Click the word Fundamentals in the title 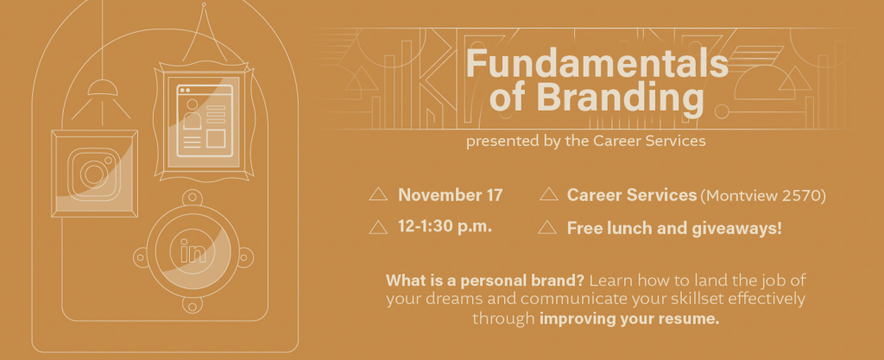[x=597, y=63]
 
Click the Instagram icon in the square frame [x=94, y=174]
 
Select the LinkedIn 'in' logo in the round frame [x=193, y=251]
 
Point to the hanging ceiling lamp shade [x=103, y=88]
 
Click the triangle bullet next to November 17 [x=378, y=194]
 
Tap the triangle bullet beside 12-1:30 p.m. [x=378, y=227]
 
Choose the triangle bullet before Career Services [x=548, y=194]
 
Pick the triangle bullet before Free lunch [x=547, y=227]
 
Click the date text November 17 [x=450, y=195]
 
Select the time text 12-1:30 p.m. [x=445, y=226]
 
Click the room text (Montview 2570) [x=763, y=195]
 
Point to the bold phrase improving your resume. [x=629, y=319]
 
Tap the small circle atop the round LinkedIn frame [x=193, y=197]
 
